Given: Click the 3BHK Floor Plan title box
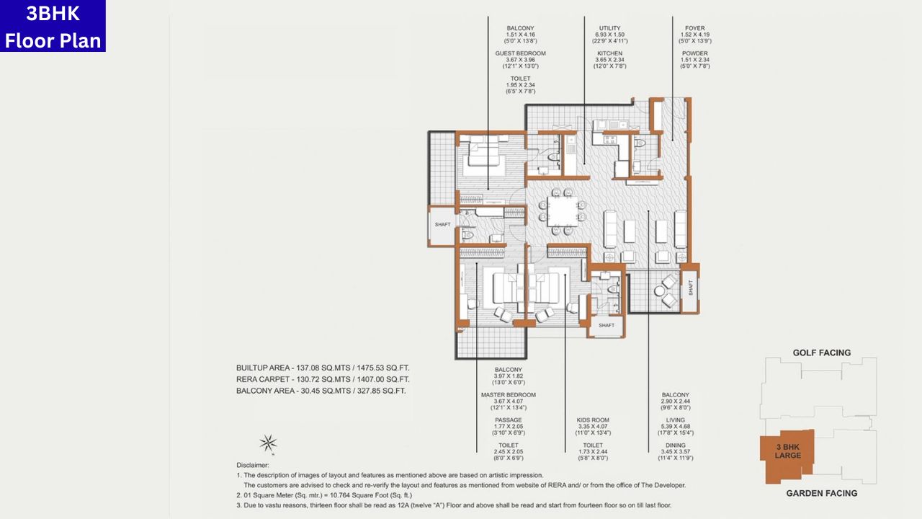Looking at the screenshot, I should (x=53, y=26).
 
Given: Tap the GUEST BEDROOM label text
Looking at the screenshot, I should (x=520, y=53).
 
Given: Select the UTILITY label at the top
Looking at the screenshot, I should (x=609, y=28).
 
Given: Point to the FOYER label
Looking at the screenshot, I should (x=695, y=28).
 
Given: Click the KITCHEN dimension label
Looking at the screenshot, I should (x=609, y=53).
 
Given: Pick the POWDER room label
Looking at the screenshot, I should (x=695, y=53).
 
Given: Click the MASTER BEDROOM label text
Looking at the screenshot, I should (x=508, y=395).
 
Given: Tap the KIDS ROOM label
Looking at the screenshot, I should (x=593, y=420).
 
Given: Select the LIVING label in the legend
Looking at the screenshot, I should (x=675, y=420).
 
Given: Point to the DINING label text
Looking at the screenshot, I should (x=675, y=445).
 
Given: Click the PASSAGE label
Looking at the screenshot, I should (x=508, y=420).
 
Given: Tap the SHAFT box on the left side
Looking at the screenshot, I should (x=442, y=225).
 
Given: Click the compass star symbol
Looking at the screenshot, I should (x=269, y=443).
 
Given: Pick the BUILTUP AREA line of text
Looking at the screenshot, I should (x=323, y=368).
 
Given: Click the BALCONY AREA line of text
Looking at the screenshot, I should (x=321, y=391).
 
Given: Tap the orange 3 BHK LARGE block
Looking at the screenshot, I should (x=787, y=451).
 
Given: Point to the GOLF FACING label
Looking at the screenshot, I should (x=821, y=352).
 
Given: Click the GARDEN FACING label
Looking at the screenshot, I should (x=821, y=493).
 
